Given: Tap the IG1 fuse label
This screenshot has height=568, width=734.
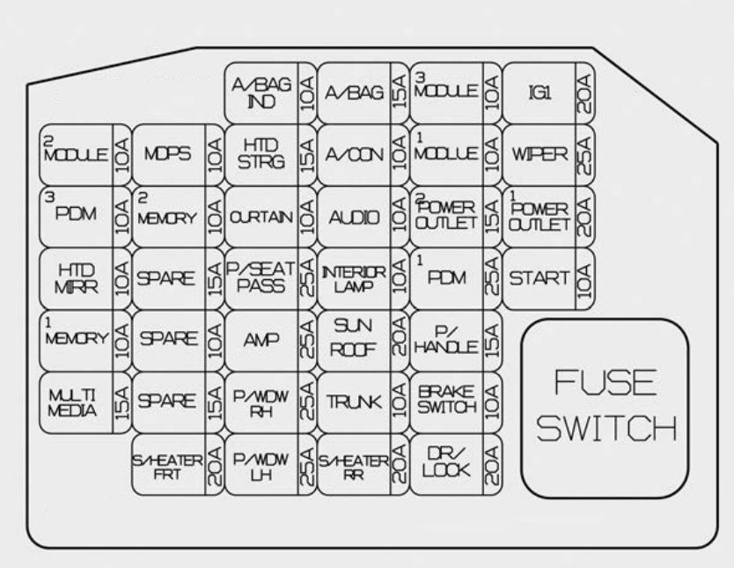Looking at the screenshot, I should (x=539, y=92).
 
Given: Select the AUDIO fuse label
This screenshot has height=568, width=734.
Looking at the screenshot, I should (x=352, y=217).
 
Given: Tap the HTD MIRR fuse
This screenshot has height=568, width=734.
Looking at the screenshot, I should (x=75, y=278).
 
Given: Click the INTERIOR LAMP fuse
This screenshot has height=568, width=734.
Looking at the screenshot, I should (x=352, y=278).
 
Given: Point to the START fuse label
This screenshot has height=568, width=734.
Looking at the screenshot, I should (x=539, y=278).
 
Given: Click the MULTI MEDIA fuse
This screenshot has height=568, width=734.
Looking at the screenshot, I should (x=75, y=402).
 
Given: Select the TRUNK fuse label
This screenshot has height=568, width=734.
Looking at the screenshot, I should (x=352, y=402).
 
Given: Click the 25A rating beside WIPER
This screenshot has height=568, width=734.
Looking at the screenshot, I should (x=582, y=154).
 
